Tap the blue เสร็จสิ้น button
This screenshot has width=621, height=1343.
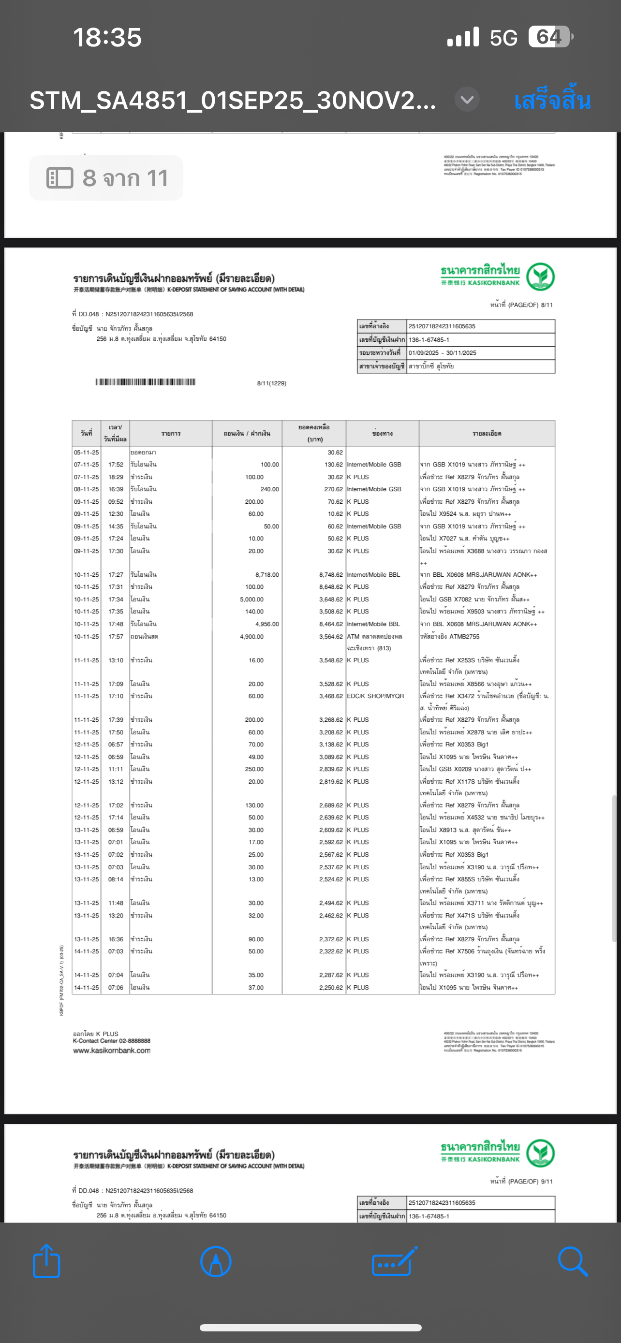(552, 100)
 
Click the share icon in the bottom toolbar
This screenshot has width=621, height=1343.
(46, 1261)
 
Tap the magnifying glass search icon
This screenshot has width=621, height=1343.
(573, 1261)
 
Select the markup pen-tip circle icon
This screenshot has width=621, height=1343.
(215, 1261)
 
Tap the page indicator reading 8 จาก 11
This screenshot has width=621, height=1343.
(106, 178)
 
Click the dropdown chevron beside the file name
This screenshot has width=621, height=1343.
(467, 99)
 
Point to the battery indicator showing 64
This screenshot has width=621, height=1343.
(549, 37)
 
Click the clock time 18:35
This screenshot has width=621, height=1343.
(107, 38)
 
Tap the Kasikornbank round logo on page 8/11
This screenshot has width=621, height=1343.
(540, 277)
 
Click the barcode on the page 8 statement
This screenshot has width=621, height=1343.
(146, 382)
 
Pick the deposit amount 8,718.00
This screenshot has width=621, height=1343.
(267, 574)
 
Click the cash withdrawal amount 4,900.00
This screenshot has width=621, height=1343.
(251, 637)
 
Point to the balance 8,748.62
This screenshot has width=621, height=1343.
(331, 574)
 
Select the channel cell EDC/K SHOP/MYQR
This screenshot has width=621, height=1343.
(375, 696)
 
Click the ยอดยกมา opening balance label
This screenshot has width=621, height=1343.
(143, 453)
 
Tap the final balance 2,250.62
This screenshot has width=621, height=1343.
(331, 988)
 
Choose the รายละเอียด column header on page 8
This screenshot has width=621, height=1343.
(487, 433)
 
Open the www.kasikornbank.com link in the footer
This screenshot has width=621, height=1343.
(112, 1051)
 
